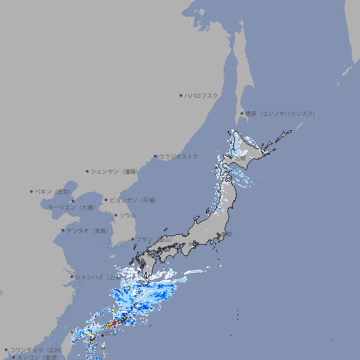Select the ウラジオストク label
(x=179, y=156)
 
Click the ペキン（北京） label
(x=54, y=191)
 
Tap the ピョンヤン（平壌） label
(x=133, y=200)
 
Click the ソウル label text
(x=127, y=216)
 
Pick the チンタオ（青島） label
(x=87, y=231)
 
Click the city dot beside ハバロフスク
(x=181, y=96)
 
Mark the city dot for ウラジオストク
(x=155, y=156)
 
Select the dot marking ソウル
(x=115, y=216)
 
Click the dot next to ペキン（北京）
(x=32, y=191)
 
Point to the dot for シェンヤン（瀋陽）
(x=87, y=172)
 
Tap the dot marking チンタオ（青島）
(x=63, y=231)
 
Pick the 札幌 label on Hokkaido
(x=240, y=159)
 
